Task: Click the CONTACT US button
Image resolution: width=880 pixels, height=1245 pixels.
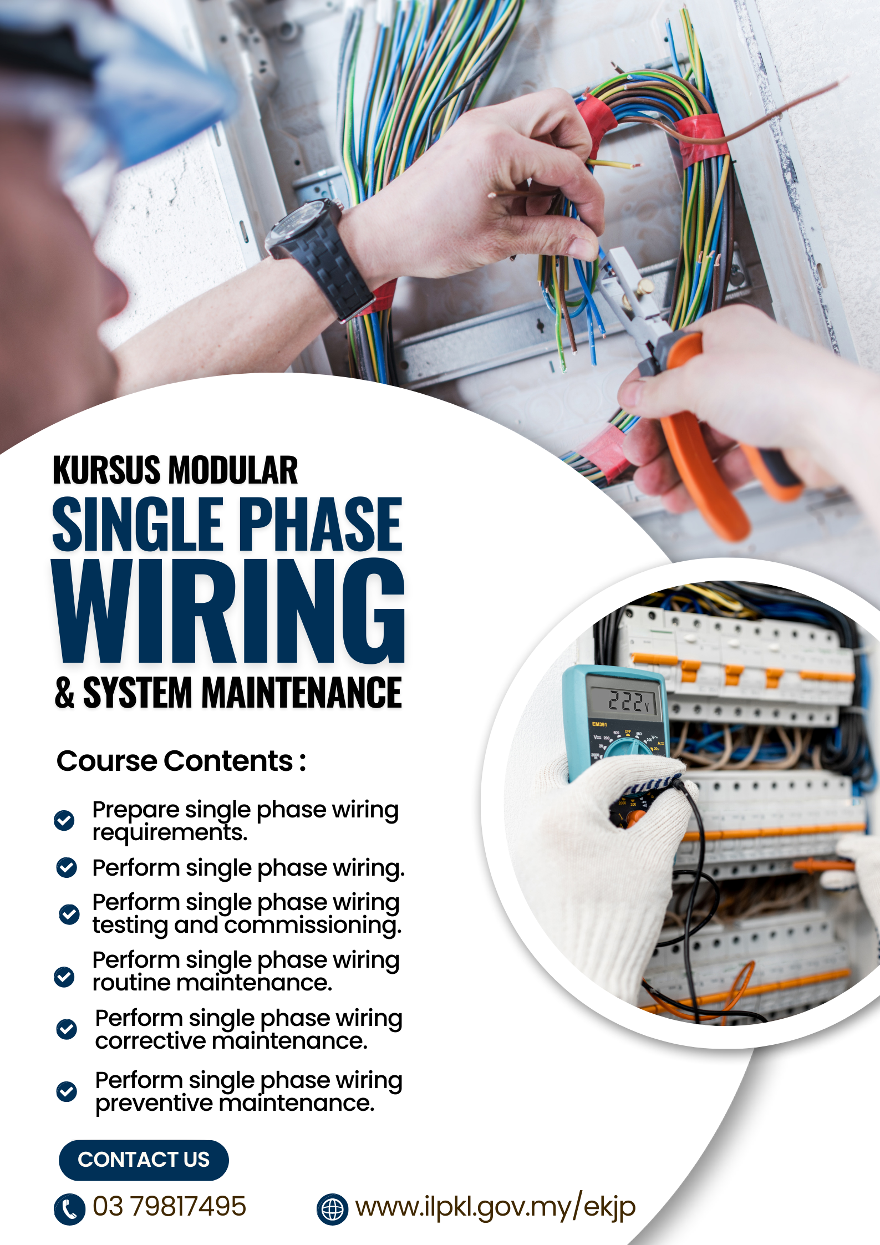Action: pos(144,1160)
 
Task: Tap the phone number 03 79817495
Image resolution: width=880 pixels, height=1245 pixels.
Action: pos(169,1206)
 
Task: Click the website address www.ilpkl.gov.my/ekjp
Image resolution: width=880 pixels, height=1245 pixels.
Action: pos(495,1207)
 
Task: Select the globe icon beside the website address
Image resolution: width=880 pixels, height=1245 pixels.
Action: pos(332,1210)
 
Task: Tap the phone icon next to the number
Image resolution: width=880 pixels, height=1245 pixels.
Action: pos(69,1210)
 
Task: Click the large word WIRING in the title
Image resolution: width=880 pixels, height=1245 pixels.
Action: pos(228,611)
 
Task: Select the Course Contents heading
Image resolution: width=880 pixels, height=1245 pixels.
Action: pos(181,761)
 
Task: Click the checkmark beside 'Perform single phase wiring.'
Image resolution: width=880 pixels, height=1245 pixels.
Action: pos(67,867)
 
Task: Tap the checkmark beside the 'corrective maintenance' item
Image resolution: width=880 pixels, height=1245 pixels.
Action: pos(67,1029)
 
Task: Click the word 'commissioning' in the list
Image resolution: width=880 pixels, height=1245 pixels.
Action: pos(313,926)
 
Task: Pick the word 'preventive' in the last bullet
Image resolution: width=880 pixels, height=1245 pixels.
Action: pos(154,1103)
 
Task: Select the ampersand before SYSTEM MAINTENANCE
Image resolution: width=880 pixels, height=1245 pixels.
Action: pos(64,693)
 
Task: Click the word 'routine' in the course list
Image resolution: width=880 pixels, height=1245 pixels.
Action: pos(131,983)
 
